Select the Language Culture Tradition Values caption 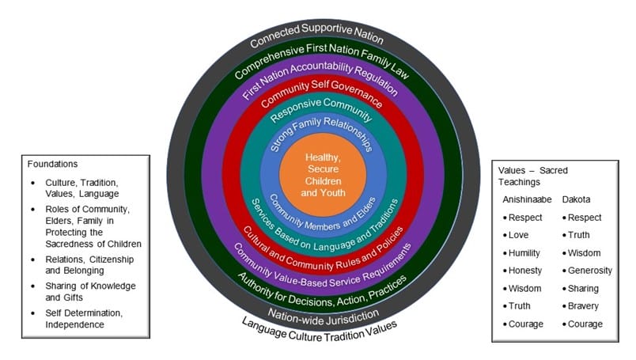point(320,326)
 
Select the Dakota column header point(577,199)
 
